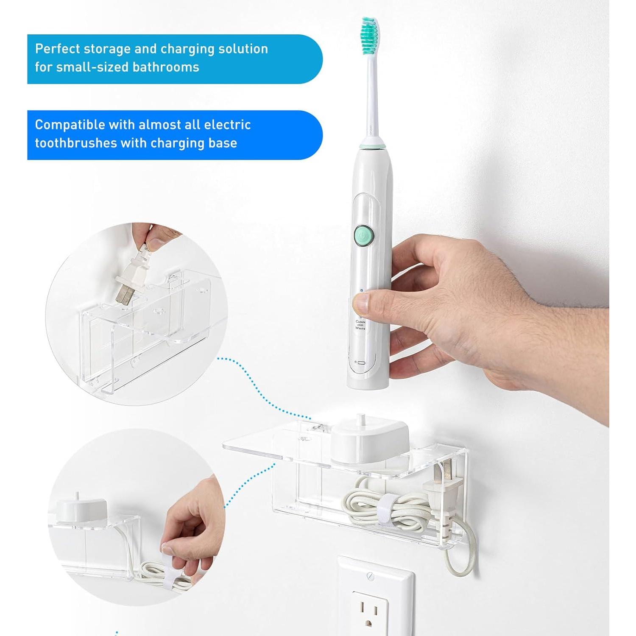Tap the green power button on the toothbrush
coord(363,234)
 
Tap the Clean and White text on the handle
coord(360,325)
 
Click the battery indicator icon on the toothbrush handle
coord(360,363)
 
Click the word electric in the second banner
coord(227,125)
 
